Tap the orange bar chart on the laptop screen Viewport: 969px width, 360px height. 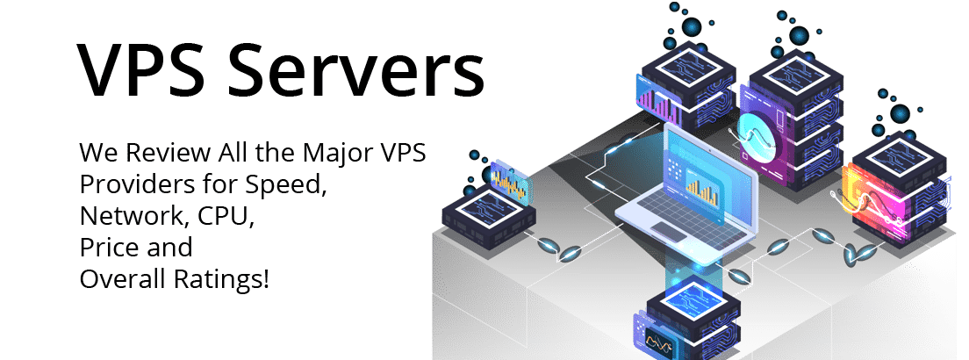click(703, 186)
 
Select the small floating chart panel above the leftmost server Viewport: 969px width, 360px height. click(509, 181)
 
